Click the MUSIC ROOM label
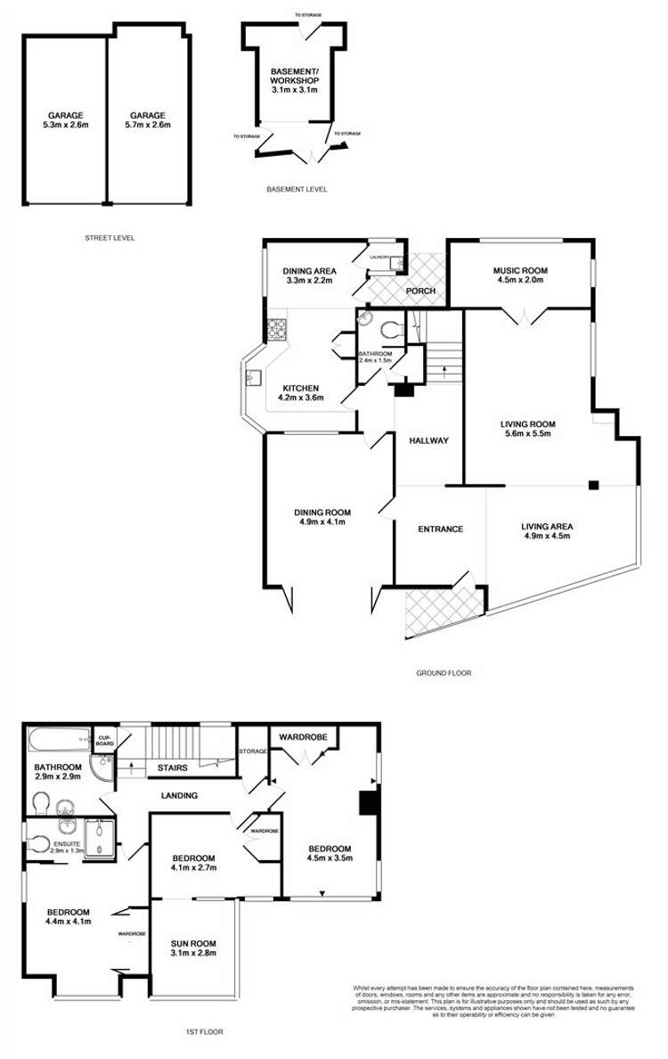point(520,270)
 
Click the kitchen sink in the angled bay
point(253,378)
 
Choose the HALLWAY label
point(428,441)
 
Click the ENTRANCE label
point(440,529)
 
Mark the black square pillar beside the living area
point(593,485)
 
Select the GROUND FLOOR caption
point(443,673)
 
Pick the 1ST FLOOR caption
point(204,1031)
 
